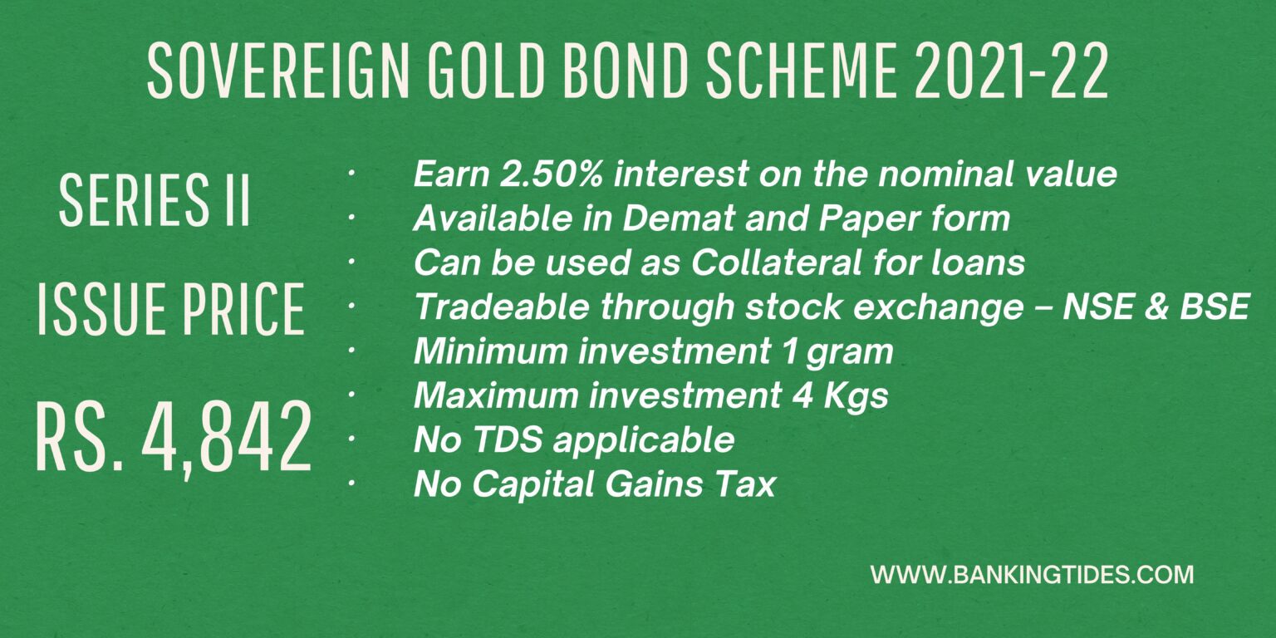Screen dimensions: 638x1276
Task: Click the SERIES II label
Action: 155,201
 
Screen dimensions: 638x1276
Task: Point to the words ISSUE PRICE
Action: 170,309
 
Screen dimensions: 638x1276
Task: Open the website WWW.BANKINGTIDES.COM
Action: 1032,574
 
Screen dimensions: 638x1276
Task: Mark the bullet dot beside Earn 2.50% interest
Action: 351,174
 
